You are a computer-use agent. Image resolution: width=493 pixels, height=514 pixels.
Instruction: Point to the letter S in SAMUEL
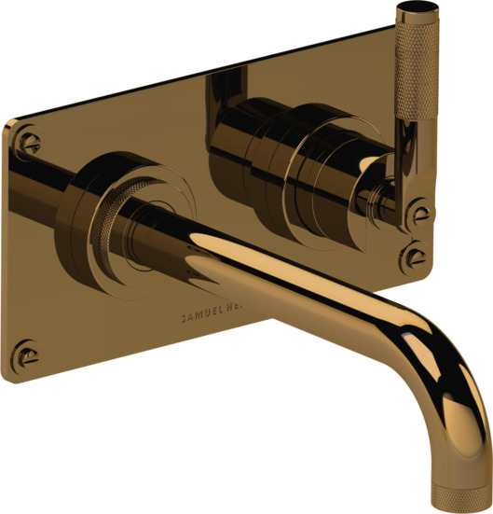[185, 318]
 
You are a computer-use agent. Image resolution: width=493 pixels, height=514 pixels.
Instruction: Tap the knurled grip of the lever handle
[410, 84]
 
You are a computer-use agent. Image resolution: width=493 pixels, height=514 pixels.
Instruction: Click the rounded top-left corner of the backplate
[13, 126]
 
